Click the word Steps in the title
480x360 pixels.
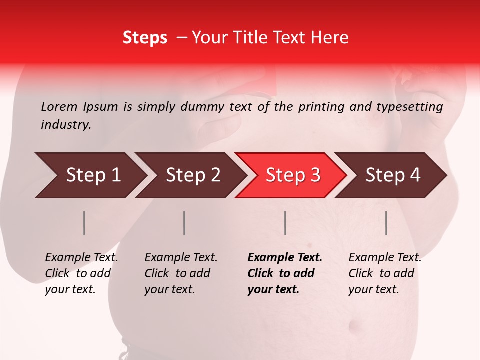click(x=145, y=38)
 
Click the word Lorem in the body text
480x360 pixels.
click(x=59, y=106)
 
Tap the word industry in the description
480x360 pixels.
click(x=66, y=125)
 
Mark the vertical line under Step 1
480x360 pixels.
click(x=84, y=223)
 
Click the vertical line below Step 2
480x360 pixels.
click(x=184, y=223)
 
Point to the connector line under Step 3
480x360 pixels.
click(x=285, y=223)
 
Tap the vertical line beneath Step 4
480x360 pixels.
click(x=386, y=223)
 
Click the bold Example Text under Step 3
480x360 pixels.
click(x=285, y=258)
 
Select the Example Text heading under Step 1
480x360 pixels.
click(x=81, y=258)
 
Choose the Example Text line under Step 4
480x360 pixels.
click(x=385, y=258)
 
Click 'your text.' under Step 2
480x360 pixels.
click(x=169, y=289)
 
